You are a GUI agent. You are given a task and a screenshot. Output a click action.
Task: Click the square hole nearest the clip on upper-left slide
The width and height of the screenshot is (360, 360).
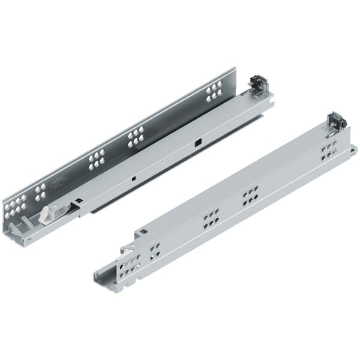[x=196, y=144]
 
